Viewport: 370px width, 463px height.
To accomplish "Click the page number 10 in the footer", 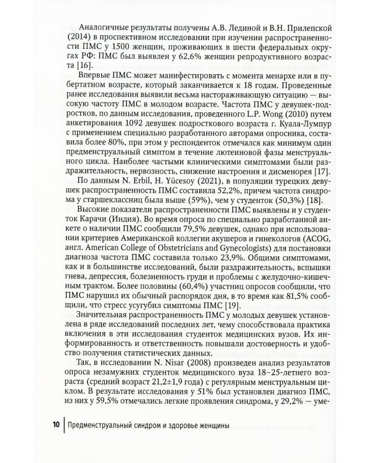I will click(55, 425).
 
